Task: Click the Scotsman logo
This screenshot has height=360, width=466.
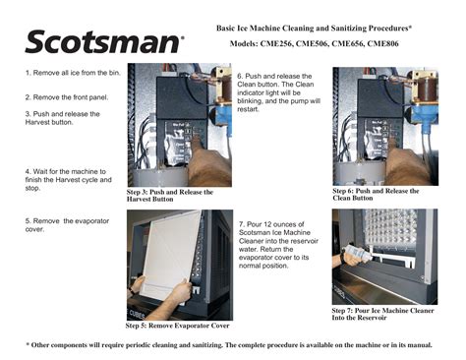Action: click(103, 41)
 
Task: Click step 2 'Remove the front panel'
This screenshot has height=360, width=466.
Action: click(67, 97)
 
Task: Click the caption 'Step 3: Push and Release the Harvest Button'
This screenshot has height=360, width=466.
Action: click(169, 195)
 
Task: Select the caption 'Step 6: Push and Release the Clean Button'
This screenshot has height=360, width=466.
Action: click(375, 194)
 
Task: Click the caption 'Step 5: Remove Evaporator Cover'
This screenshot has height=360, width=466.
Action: click(177, 325)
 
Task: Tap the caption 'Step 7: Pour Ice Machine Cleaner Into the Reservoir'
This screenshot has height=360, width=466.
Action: click(381, 313)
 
